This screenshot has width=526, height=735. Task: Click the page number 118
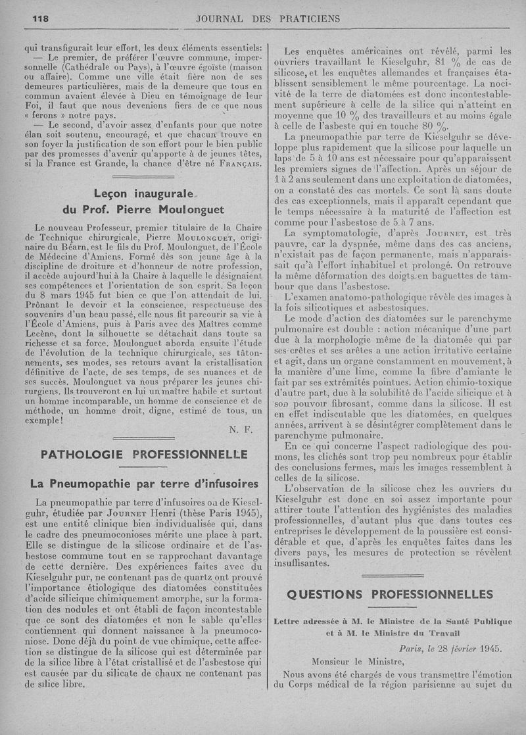[x=42, y=18]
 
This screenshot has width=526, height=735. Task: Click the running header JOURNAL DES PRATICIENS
[x=268, y=18]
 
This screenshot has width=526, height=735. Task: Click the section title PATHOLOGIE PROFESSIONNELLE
[x=144, y=454]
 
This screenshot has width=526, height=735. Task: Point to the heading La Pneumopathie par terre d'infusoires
[x=144, y=483]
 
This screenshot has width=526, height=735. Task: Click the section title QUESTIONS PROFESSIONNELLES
[x=390, y=594]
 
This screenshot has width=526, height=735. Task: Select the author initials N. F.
[x=237, y=430]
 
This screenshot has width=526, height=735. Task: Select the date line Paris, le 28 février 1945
[x=450, y=647]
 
